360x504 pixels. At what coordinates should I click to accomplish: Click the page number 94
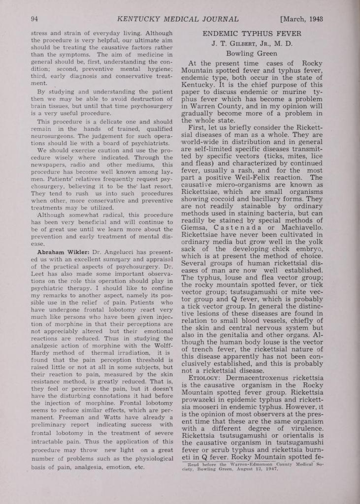click(34, 19)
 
